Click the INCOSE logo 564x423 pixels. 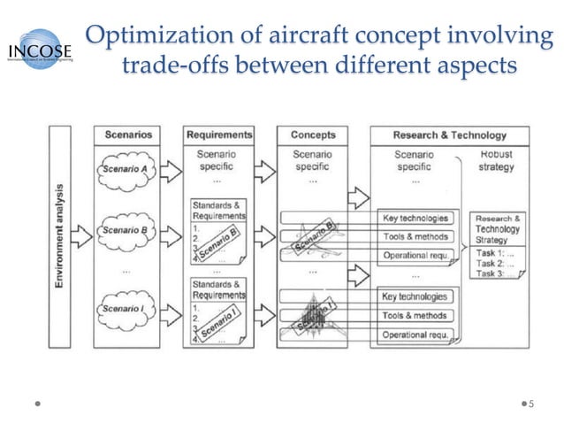41,50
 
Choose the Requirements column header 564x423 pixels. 219,135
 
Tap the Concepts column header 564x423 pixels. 312,135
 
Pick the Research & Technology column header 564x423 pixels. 449,135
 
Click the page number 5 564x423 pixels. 531,403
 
